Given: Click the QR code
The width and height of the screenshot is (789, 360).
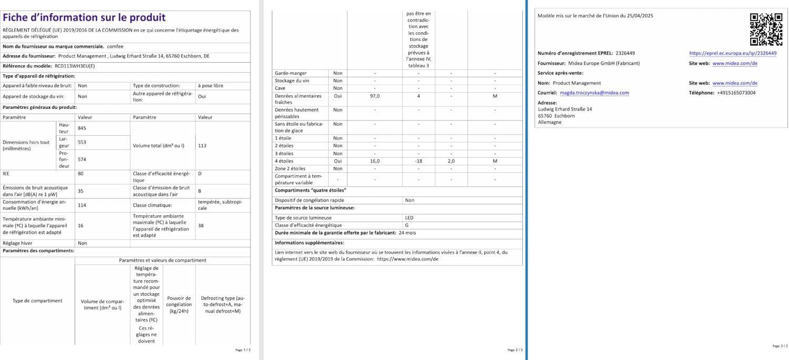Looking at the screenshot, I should [x=765, y=29].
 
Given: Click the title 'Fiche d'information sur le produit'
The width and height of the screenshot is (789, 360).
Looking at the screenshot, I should [x=84, y=18].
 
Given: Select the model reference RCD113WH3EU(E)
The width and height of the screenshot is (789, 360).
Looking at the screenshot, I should [x=75, y=66].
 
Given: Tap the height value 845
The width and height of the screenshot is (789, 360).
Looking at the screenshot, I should [x=82, y=128].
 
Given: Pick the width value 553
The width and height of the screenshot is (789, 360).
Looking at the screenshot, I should [x=82, y=142].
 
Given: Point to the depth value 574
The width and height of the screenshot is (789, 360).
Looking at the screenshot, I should [x=82, y=159].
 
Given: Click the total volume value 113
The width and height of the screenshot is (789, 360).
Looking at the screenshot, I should [x=202, y=145].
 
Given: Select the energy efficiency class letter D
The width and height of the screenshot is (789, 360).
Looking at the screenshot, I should [x=200, y=173].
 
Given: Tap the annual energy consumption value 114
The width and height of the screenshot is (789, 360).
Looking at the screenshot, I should [x=82, y=205].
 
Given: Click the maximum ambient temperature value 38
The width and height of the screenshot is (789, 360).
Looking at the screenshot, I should [x=200, y=225].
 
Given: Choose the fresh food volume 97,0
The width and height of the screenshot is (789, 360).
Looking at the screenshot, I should [x=375, y=96].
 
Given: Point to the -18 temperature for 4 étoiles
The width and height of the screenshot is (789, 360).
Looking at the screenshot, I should [x=418, y=161].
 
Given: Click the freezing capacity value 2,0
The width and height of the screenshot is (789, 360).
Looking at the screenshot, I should [x=451, y=161].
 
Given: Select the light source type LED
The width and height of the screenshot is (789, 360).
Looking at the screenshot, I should [x=409, y=217].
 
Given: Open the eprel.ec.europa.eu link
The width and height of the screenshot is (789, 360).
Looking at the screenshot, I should [x=732, y=53].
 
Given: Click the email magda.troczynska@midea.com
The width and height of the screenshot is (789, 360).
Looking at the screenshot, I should [x=594, y=93].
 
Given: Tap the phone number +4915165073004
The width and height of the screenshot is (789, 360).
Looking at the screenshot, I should [x=736, y=93].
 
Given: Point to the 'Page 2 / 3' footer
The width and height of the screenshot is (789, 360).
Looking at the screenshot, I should [x=514, y=349].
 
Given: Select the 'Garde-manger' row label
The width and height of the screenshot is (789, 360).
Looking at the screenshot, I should [x=290, y=73].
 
